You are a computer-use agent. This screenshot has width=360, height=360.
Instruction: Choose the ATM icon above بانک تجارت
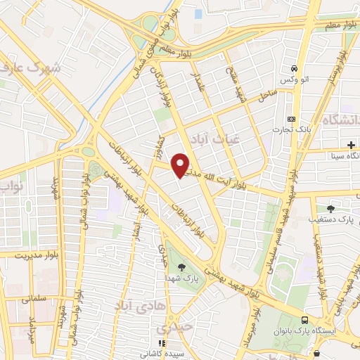(291, 119)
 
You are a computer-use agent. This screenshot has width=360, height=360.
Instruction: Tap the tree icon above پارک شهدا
(182, 266)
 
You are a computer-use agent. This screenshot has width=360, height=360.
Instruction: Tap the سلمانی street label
(27, 299)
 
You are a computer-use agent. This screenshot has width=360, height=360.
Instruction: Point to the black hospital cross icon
(350, 144)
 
